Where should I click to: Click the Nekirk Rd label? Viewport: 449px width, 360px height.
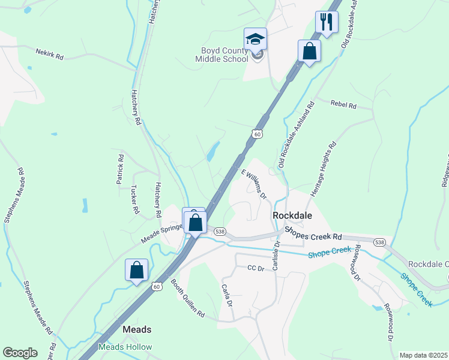coord(49,54)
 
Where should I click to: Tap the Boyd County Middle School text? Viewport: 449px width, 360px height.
coord(221,55)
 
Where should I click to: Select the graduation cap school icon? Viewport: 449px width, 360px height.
coord(255,40)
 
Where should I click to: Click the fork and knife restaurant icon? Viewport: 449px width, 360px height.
coord(327,22)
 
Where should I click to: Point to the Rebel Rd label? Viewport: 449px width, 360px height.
coord(343,104)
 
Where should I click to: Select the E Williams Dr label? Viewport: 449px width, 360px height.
coord(254,184)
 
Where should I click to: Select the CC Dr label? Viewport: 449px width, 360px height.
coord(256,268)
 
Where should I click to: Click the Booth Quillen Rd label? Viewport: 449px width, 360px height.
coord(187,298)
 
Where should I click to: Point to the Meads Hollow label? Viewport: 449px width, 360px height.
coord(125,347)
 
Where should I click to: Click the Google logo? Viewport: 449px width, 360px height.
coord(20,353)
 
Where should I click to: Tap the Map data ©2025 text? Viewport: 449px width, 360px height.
coord(423,355)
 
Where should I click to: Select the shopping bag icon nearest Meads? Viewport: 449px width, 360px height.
coord(137,270)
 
